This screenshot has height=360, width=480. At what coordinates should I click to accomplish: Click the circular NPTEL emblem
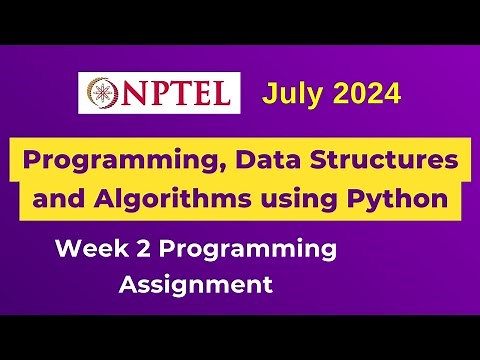(101, 94)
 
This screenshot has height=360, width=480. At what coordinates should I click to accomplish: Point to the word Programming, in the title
(112, 160)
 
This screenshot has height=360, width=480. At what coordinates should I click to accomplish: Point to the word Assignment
(196, 285)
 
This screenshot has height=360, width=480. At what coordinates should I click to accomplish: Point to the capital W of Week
(70, 247)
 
